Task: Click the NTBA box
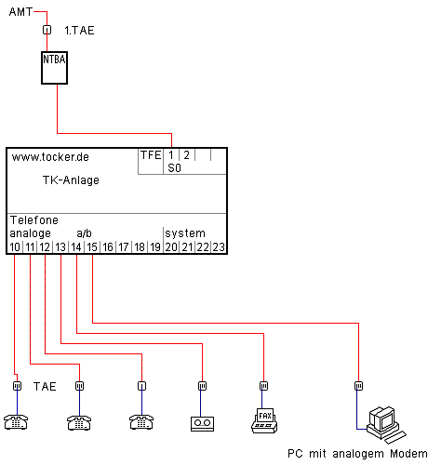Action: tap(54, 68)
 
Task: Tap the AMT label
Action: tap(20, 12)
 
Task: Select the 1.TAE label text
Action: tap(79, 31)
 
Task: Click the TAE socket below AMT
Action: tap(47, 30)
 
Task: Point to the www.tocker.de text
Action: tap(50, 157)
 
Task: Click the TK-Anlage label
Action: tap(71, 180)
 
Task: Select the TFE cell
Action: tap(151, 155)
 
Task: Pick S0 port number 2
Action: tap(186, 155)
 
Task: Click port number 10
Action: tap(15, 247)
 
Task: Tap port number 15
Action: tap(92, 247)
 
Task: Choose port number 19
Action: tap(155, 247)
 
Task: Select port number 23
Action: tap(219, 247)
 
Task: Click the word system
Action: tap(185, 233)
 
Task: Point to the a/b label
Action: tap(84, 233)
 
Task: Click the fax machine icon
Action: tap(264, 420)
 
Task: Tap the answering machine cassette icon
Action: tap(202, 424)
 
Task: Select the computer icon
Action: tap(386, 425)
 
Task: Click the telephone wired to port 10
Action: tap(16, 422)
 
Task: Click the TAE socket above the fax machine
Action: tap(263, 386)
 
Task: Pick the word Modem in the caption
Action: tap(408, 454)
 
